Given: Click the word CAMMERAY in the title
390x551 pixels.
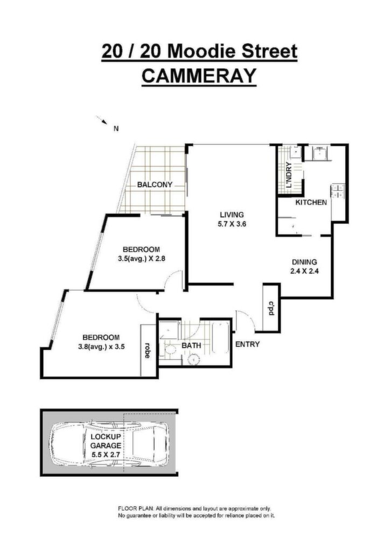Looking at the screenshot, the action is pyautogui.click(x=199, y=75).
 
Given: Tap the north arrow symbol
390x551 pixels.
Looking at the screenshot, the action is pyautogui.click(x=102, y=120).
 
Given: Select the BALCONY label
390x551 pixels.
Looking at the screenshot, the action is pyautogui.click(x=155, y=185).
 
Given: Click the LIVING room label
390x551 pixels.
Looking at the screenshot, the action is pyautogui.click(x=232, y=214).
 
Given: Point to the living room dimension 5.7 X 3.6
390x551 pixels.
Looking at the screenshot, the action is pyautogui.click(x=232, y=223).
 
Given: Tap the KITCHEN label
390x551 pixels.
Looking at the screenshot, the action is pyautogui.click(x=311, y=202).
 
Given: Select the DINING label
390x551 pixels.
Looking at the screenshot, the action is pyautogui.click(x=304, y=262).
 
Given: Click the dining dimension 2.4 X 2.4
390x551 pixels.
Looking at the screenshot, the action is pyautogui.click(x=304, y=271).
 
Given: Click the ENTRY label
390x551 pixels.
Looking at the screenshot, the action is pyautogui.click(x=247, y=344).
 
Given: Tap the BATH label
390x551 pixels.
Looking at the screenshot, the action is pyautogui.click(x=191, y=345).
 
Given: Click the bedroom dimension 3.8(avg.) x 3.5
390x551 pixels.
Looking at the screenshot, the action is pyautogui.click(x=101, y=347).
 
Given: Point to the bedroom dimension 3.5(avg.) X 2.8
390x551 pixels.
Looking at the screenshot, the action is pyautogui.click(x=141, y=259).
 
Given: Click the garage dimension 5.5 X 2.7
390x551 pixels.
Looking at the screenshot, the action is pyautogui.click(x=106, y=454).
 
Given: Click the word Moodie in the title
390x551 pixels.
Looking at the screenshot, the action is pyautogui.click(x=201, y=51).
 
